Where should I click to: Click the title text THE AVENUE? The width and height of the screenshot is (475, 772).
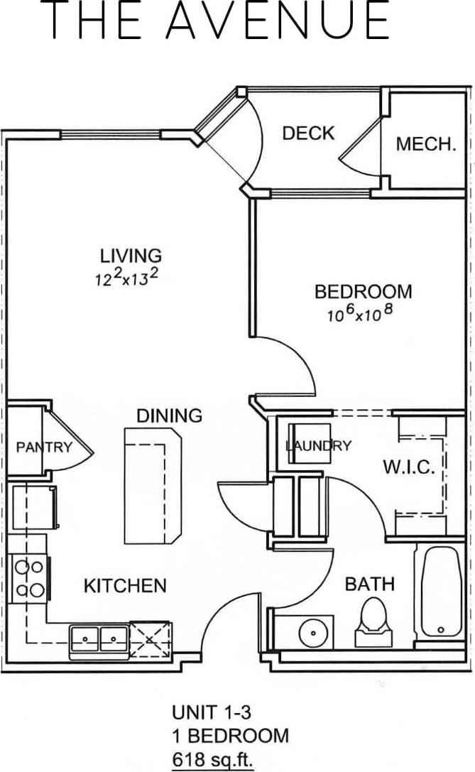point(221,21)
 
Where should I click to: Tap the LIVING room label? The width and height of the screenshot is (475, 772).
point(130,255)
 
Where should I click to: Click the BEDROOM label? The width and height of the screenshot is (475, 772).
point(363,292)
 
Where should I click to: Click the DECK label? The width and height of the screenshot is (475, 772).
point(308,133)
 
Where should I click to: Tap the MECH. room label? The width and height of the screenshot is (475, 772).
point(425,144)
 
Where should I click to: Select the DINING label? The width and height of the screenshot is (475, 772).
point(170,415)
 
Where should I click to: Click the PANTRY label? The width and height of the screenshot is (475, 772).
point(44,447)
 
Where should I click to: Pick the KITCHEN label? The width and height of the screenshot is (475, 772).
point(125,586)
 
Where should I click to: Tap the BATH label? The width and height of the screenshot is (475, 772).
point(369,585)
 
